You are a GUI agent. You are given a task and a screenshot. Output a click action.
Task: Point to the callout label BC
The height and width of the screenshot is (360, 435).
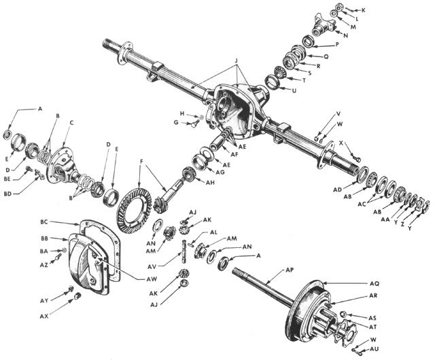[44, 222]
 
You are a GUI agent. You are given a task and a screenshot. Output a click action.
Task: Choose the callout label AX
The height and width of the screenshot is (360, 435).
[43, 317]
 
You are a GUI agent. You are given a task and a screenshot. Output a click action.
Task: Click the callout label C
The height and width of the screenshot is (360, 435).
[72, 122]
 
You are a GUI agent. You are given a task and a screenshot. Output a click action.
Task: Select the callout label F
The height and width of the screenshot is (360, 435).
[140, 162]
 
